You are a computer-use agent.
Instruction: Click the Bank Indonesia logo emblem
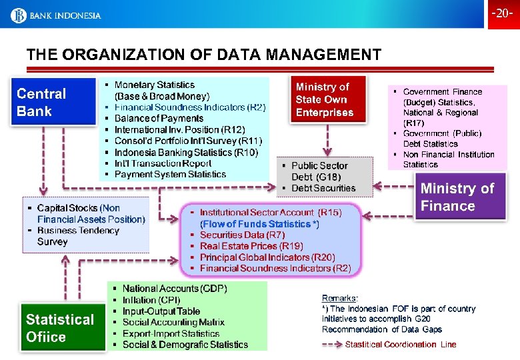[18, 15]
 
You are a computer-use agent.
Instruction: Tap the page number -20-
[502, 14]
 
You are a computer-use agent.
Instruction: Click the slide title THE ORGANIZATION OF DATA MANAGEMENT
[204, 55]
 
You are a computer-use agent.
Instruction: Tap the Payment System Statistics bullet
[170, 175]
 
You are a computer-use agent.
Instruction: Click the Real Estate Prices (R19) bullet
[251, 246]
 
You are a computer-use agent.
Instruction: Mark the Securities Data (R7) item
[242, 235]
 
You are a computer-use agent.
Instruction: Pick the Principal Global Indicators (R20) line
[267, 257]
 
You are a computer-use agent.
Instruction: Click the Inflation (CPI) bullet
[147, 300]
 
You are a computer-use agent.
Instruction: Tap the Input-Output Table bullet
[161, 311]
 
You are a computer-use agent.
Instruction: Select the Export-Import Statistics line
[171, 333]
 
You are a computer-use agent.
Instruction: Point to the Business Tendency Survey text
[78, 236]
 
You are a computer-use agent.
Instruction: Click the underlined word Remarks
[340, 298]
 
